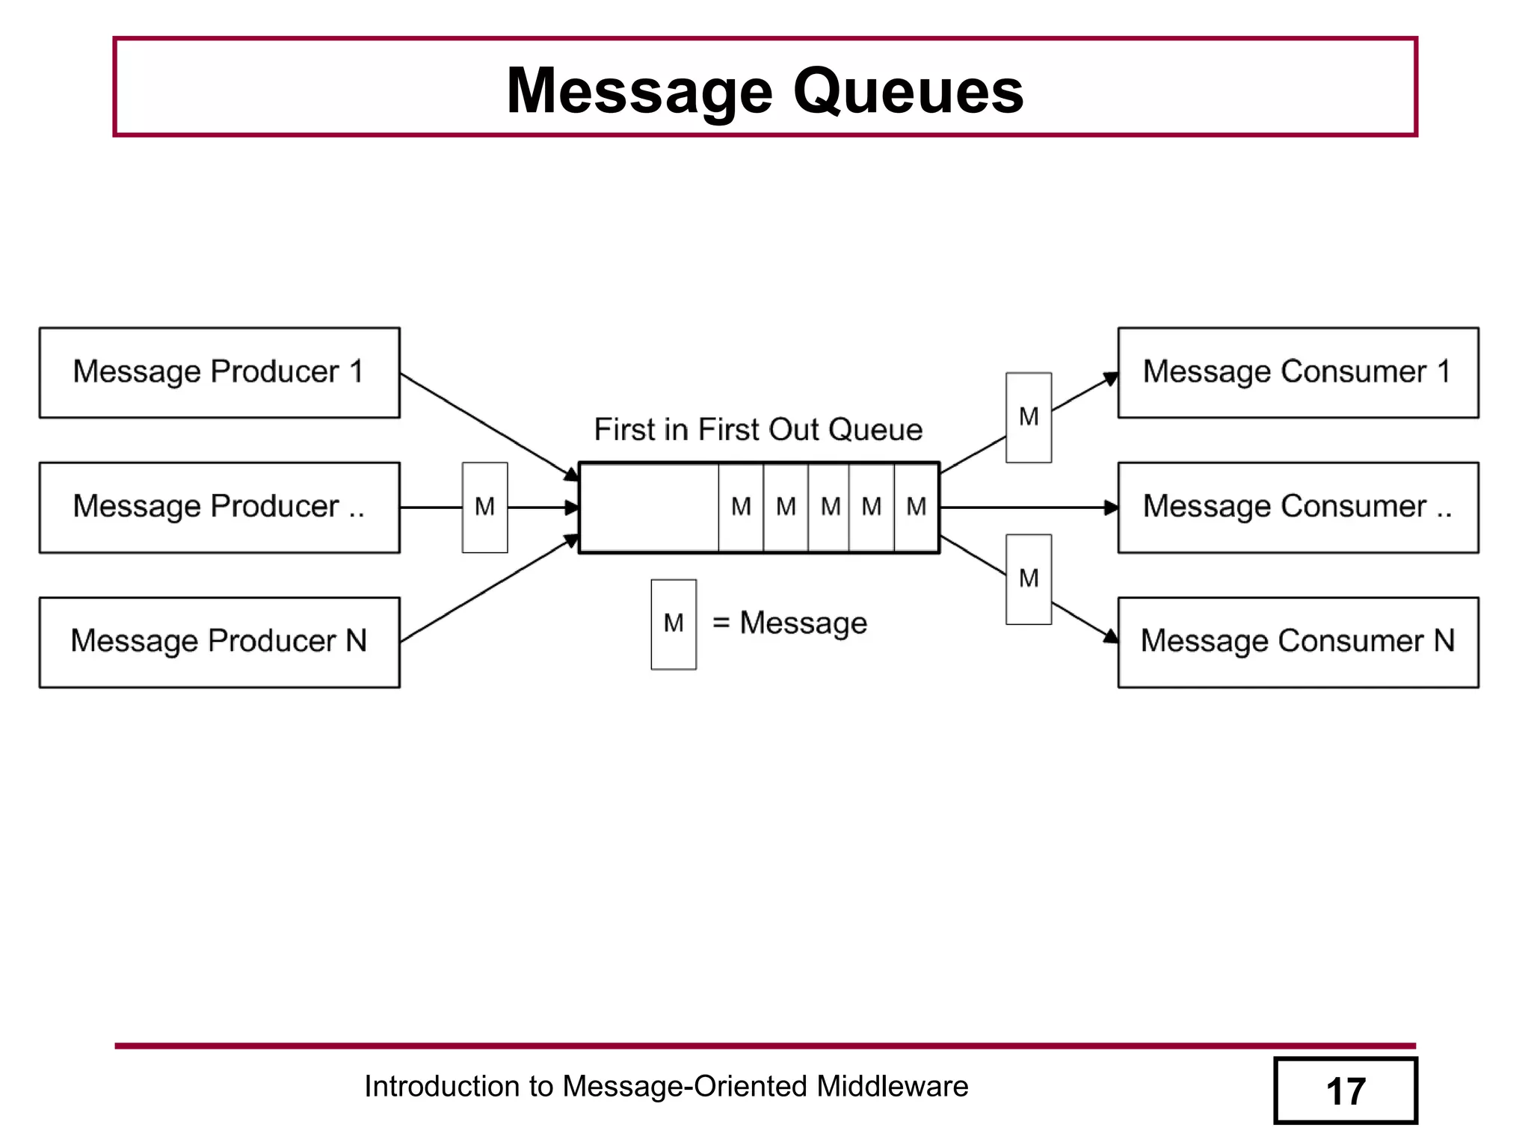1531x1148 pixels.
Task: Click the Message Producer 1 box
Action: point(219,372)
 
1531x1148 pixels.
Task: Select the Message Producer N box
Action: point(219,642)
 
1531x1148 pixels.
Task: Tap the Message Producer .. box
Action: point(219,507)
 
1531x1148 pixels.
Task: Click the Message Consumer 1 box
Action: point(1298,372)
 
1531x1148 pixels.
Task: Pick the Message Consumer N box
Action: point(1298,642)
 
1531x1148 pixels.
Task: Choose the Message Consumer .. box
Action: point(1298,507)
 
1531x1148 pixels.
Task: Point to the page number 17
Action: point(1345,1091)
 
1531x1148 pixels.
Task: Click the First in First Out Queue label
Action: point(758,430)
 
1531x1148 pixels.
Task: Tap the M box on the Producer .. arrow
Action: point(484,507)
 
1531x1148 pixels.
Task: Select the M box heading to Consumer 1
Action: point(1029,417)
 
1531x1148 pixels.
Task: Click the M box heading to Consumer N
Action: point(1029,579)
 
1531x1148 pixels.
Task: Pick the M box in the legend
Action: point(674,624)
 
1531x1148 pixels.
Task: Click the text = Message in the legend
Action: point(789,623)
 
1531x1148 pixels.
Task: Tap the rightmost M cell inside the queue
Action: point(917,507)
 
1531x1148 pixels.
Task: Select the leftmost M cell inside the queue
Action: point(741,507)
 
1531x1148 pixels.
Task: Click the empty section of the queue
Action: point(649,507)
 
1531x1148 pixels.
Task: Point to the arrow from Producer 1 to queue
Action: point(486,425)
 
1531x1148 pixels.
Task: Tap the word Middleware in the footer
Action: point(892,1086)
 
